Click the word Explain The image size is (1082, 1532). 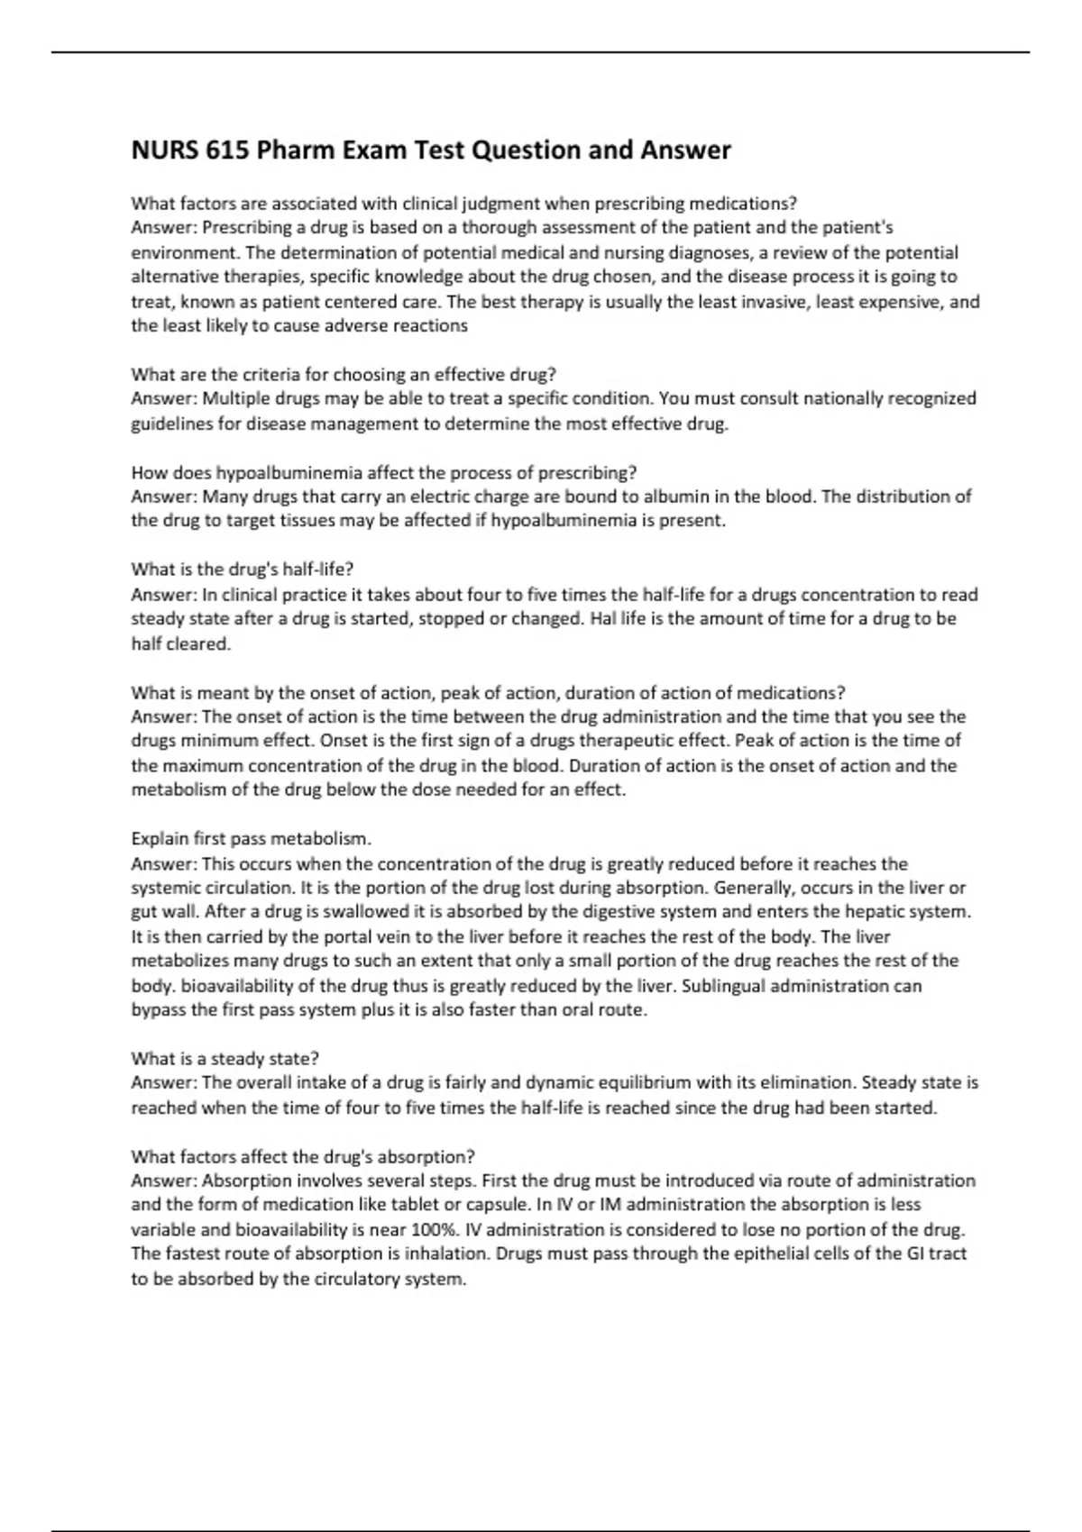point(160,839)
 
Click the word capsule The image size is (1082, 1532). point(495,1205)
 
